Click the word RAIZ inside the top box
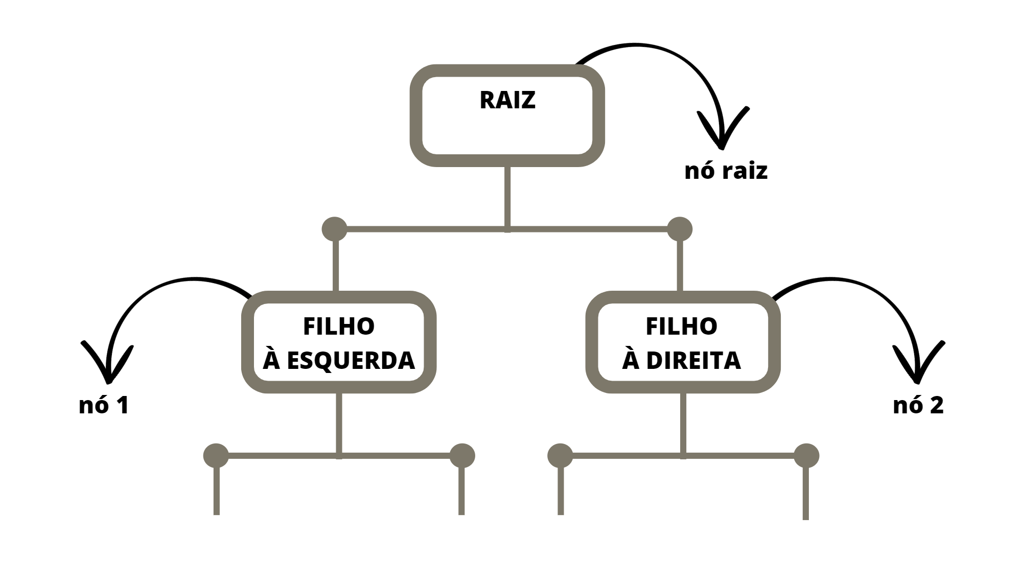coord(507,100)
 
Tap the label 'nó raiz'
coord(726,170)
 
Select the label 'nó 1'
coord(104,405)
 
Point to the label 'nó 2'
coord(918,405)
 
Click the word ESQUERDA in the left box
coord(351,361)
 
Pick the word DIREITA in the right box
coord(693,361)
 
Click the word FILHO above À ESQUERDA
coord(339,326)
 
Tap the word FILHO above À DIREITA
coord(682,326)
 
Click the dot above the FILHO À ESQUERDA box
coord(335,229)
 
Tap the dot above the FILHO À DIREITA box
coord(680,229)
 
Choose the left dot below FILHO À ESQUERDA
coord(216,456)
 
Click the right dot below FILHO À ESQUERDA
coord(462,456)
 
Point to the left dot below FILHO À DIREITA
coord(560,456)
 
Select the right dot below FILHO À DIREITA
coord(806,456)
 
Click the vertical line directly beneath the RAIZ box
coord(507,197)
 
